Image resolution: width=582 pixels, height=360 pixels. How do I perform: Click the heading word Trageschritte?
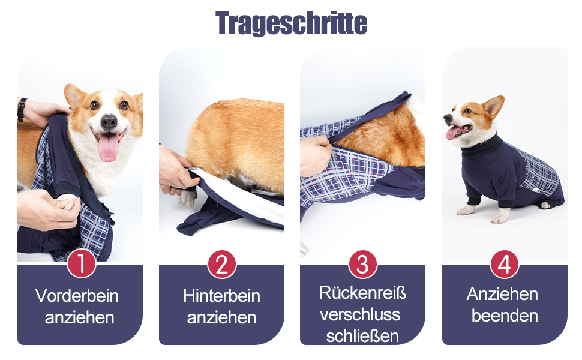(x=292, y=23)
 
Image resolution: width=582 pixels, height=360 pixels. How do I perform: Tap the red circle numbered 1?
(x=81, y=264)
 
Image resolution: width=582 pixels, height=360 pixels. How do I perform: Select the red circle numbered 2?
(x=222, y=264)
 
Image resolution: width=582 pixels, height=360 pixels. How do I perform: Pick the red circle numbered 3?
(x=362, y=264)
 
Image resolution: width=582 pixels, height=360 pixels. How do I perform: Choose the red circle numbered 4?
(x=505, y=264)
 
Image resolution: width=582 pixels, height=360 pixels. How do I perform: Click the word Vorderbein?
(x=77, y=296)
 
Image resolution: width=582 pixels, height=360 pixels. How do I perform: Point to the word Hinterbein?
(x=221, y=296)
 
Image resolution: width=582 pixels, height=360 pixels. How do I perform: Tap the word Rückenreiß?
(x=362, y=292)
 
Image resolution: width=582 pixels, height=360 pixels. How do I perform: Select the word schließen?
(x=362, y=336)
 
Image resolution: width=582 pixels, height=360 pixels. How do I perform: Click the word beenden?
(x=505, y=316)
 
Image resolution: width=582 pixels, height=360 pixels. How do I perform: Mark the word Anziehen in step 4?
(x=502, y=294)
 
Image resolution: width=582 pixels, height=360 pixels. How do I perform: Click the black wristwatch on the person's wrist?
(x=22, y=110)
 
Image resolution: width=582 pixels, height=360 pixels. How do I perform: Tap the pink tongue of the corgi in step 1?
(x=109, y=148)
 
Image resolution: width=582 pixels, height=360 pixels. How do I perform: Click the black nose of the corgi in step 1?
(x=109, y=121)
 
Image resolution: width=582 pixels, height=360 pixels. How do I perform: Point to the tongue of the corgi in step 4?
(x=453, y=132)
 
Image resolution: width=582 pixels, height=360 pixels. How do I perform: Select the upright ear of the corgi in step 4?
(x=494, y=107)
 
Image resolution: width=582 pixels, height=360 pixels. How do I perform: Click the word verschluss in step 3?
(x=360, y=315)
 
